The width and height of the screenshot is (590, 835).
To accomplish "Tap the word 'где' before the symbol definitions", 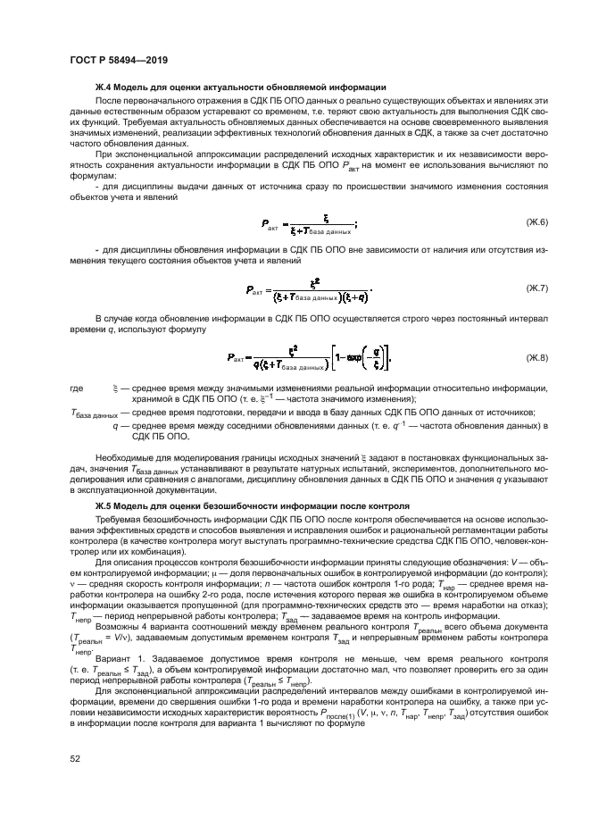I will click(x=78, y=389).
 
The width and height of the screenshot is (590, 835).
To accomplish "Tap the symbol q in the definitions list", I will click(x=115, y=426).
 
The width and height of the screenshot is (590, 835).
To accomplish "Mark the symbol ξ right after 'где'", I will click(x=115, y=389).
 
